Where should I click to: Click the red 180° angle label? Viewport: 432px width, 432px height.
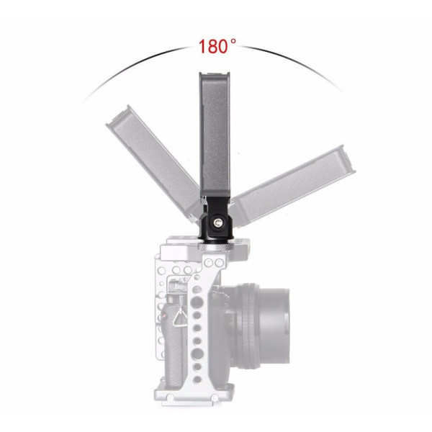tap(217, 46)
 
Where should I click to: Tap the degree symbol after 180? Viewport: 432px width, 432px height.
tap(233, 41)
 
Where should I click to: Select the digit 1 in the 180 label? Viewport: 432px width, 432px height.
tap(202, 46)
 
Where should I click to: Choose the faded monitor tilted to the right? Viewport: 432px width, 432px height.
tap(292, 186)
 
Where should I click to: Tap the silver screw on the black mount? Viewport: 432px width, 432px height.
tap(216, 222)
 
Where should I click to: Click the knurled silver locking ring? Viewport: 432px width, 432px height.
tap(216, 247)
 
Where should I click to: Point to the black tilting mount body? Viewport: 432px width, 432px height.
tap(217, 219)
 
